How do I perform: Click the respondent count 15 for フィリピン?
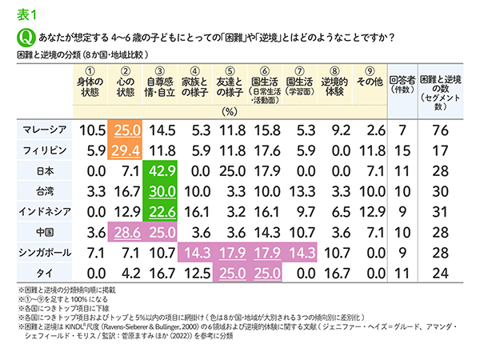pos(402,150)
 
